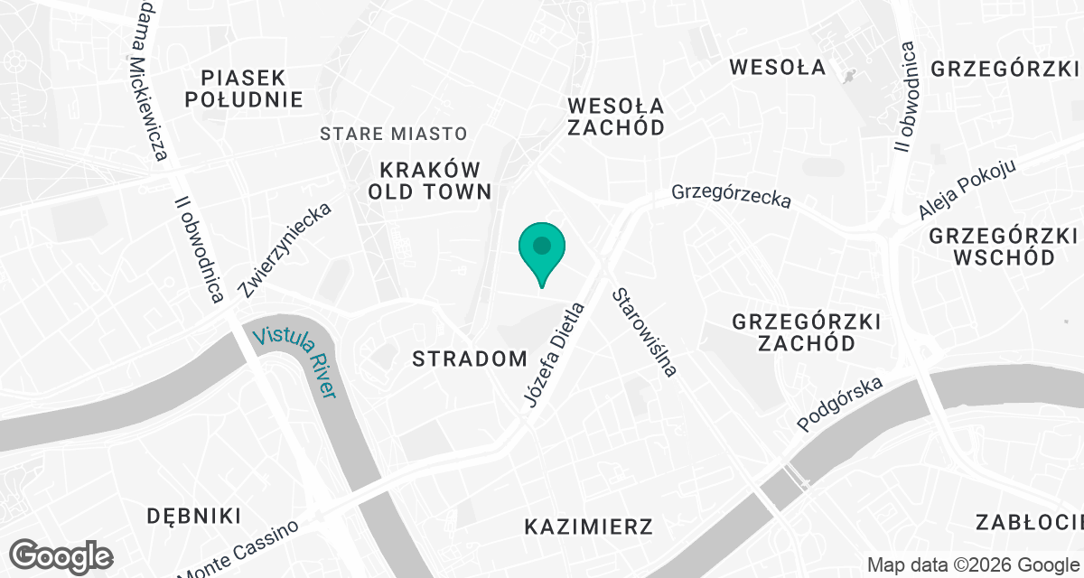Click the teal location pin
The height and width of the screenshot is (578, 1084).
(541, 247)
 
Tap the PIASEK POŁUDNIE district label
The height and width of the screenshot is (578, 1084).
(244, 88)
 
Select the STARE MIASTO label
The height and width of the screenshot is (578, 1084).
(394, 134)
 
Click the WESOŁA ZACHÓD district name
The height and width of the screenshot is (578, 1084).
(616, 116)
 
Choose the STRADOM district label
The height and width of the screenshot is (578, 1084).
(469, 359)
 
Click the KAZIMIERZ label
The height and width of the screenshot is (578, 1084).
(588, 526)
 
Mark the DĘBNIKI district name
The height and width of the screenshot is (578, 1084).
(195, 516)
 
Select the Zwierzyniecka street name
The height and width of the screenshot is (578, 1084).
(285, 250)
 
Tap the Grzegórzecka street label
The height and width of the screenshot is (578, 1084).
(731, 196)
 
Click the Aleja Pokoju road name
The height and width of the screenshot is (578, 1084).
(967, 190)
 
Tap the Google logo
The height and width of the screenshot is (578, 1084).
(61, 555)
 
